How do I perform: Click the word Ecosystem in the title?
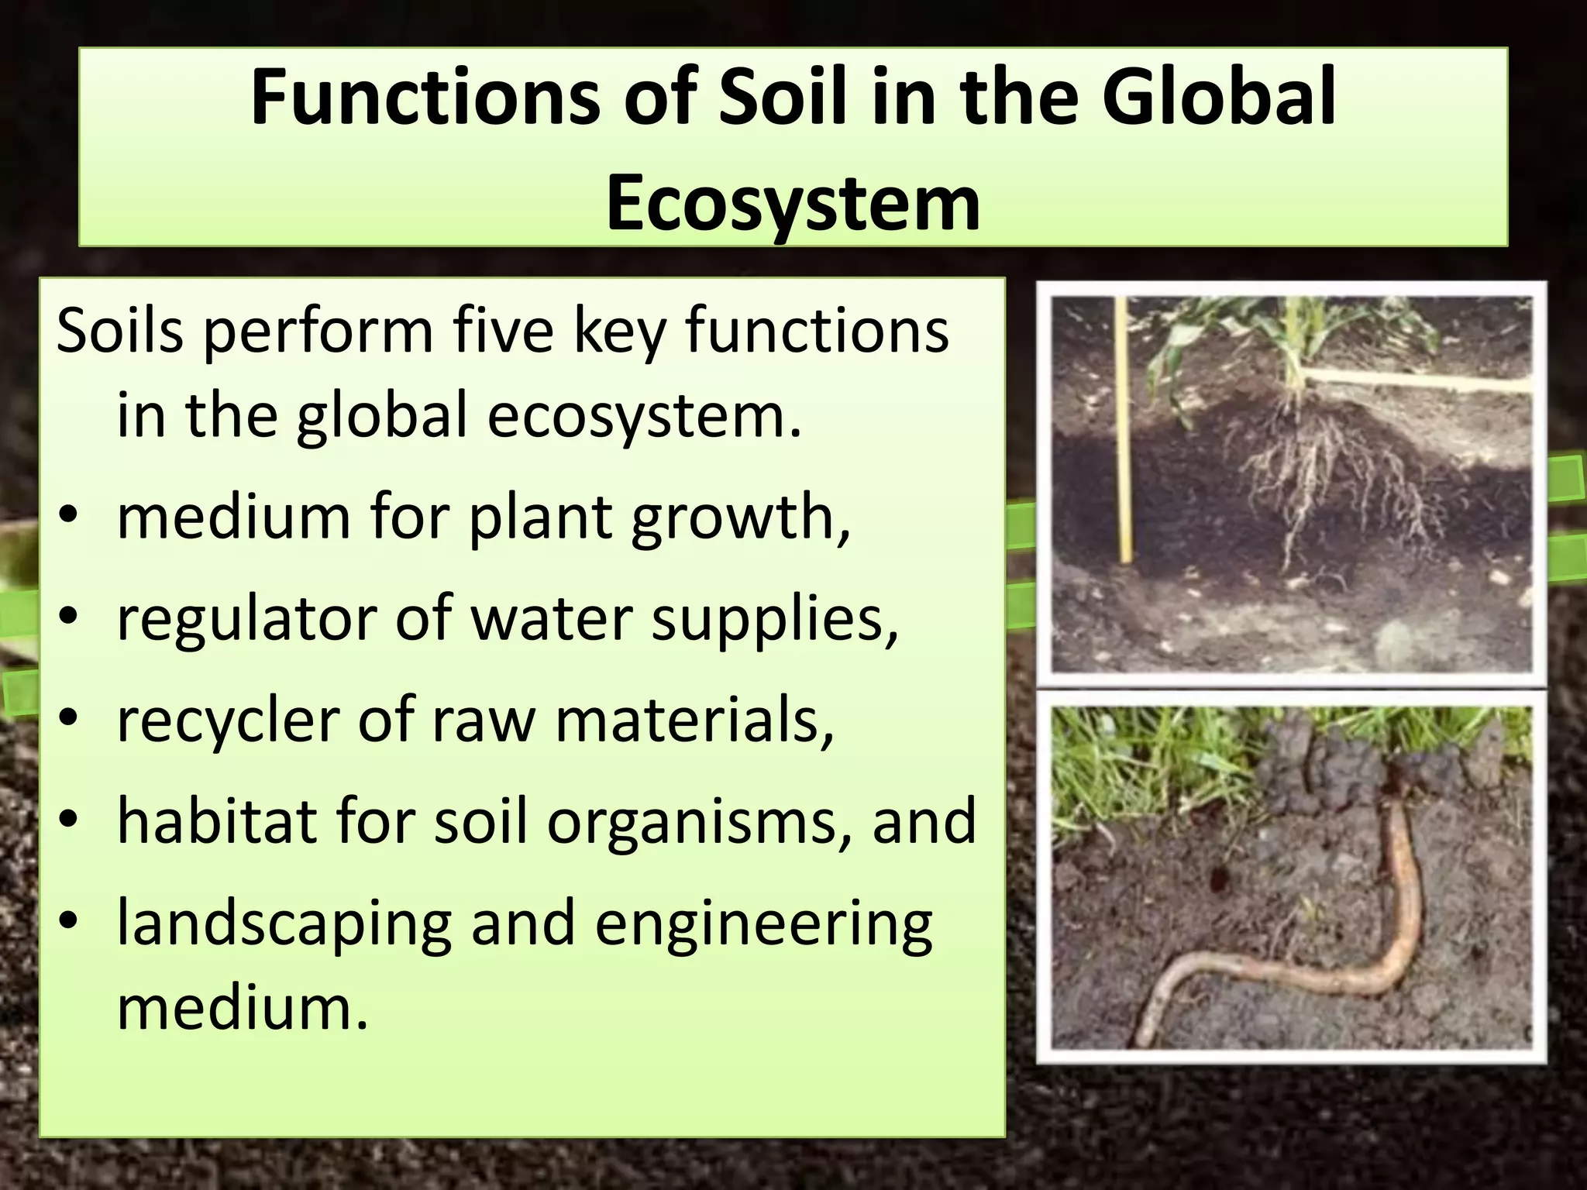(793, 204)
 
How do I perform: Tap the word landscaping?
(284, 925)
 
